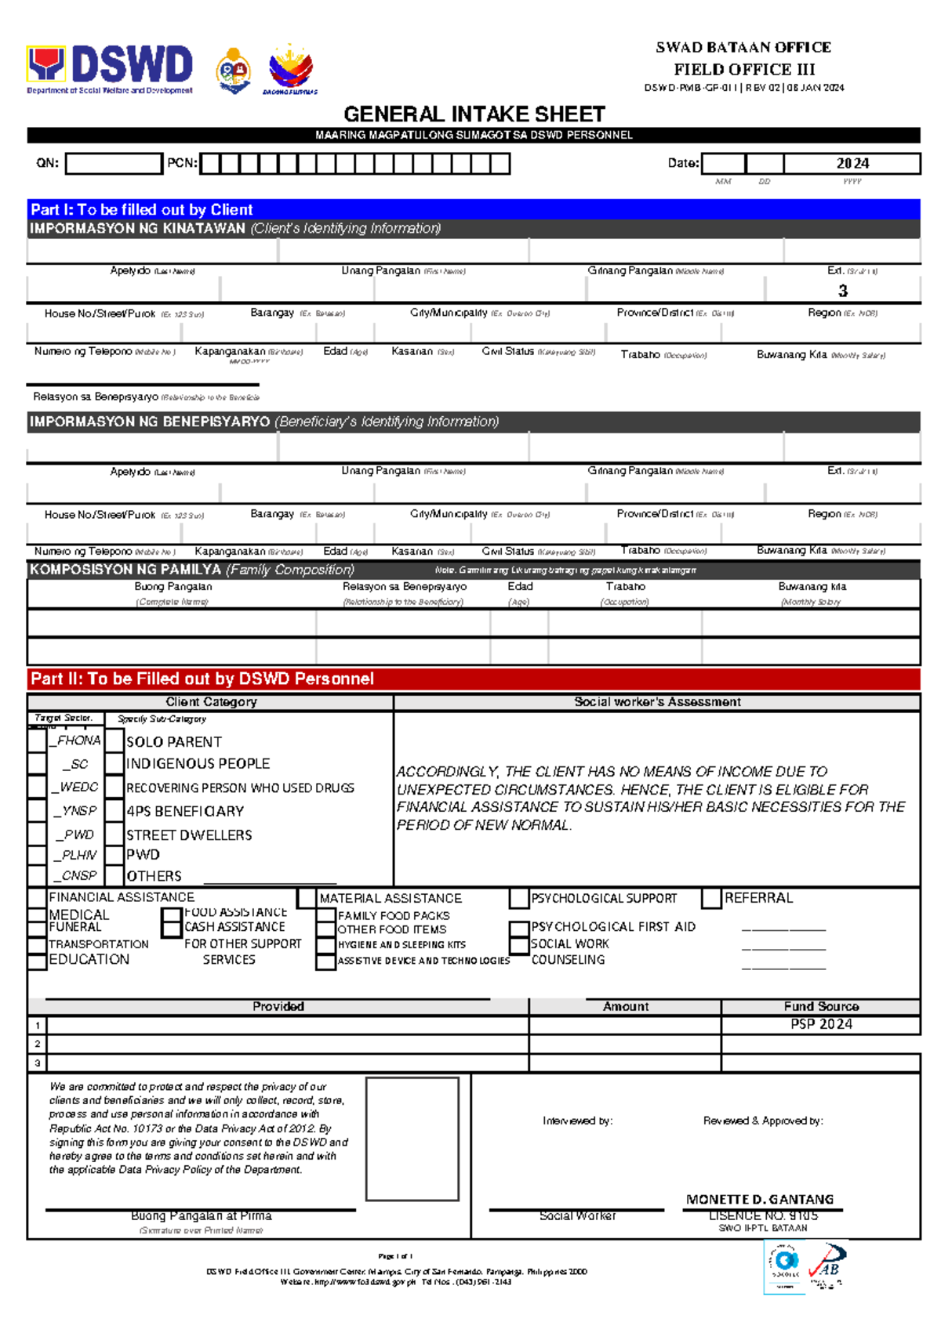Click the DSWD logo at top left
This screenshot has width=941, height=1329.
tap(110, 67)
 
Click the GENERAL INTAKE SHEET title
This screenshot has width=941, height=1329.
tap(474, 114)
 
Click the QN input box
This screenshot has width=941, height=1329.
tap(114, 164)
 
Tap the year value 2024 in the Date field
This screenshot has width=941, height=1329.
tap(852, 164)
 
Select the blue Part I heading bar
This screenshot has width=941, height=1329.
tap(473, 209)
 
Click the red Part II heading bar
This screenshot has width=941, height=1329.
tap(473, 679)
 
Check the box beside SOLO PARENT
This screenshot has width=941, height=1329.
tap(115, 741)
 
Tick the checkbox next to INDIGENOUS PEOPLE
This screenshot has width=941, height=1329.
tap(115, 763)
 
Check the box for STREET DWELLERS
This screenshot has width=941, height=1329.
tap(115, 834)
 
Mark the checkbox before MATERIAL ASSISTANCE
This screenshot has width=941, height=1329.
tap(307, 898)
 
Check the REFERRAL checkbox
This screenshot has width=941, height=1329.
tap(711, 898)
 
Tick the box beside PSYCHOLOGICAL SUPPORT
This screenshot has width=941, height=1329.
tap(518, 898)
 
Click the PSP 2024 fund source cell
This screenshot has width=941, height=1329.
tap(820, 1024)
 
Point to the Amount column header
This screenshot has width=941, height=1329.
tap(625, 1006)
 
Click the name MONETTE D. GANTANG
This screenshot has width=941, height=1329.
tap(759, 1199)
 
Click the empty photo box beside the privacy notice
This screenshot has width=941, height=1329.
tap(412, 1138)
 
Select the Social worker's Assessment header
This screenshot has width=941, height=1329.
tap(657, 702)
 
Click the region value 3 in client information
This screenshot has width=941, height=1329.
tap(842, 291)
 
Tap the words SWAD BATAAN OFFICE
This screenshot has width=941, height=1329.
tap(743, 47)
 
